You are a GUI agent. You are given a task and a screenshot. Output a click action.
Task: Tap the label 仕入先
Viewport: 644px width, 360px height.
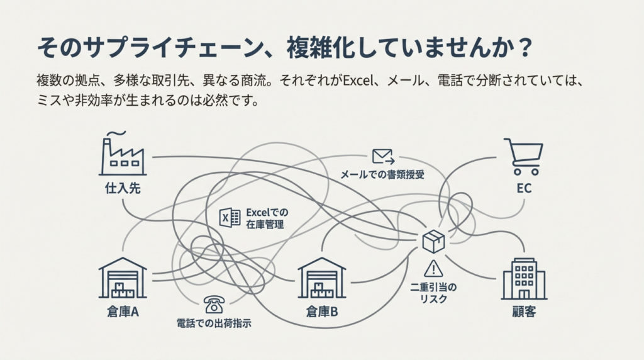coord(123,188)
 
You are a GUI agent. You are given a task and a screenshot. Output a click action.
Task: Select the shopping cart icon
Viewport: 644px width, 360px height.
coord(523,157)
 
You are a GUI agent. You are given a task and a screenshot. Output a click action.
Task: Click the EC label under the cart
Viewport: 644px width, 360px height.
coord(524,188)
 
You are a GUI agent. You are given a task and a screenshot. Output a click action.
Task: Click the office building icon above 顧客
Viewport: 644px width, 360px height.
coord(523,279)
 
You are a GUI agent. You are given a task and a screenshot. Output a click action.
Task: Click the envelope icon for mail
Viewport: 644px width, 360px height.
coord(382,155)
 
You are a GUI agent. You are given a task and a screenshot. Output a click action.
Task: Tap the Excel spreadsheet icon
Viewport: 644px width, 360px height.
coord(230,217)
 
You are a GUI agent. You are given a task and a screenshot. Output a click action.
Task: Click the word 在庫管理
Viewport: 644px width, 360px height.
coord(262,223)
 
